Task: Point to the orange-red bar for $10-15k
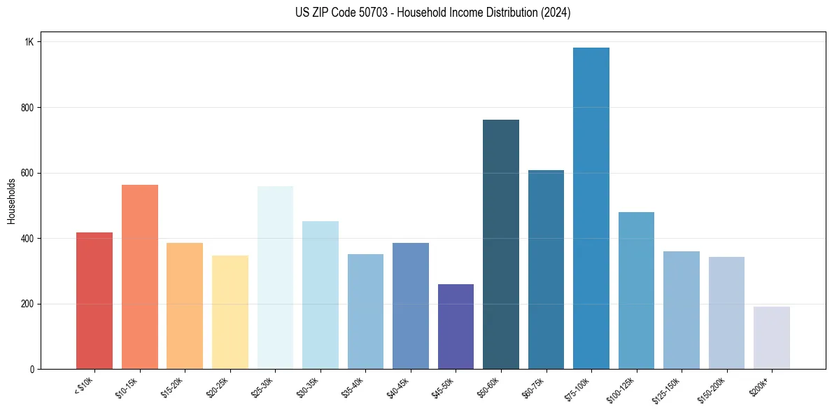140,277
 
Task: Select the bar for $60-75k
546,269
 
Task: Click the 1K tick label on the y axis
29,42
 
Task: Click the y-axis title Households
11,201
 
